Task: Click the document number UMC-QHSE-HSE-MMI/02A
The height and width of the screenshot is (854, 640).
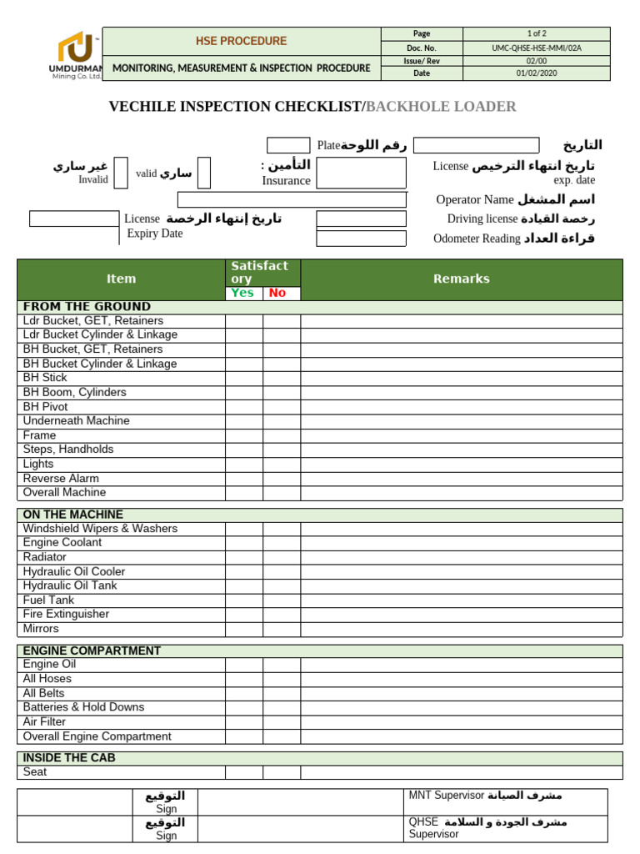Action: point(536,48)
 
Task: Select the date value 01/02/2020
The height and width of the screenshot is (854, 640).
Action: point(536,73)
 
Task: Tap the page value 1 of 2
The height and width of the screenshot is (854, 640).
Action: point(536,33)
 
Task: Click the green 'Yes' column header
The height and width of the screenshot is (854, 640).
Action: point(242,293)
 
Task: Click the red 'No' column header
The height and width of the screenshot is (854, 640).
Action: point(277,293)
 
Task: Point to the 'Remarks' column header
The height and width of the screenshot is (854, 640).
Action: point(461,279)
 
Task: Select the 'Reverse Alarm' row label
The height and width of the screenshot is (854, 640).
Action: point(61,479)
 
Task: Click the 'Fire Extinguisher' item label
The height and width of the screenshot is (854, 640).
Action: point(66,615)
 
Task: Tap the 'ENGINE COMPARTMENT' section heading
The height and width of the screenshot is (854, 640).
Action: point(92,651)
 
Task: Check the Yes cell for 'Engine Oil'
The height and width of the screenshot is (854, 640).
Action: point(243,665)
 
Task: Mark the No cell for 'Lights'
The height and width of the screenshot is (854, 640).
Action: point(282,465)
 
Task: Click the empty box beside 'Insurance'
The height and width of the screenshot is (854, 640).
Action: point(361,173)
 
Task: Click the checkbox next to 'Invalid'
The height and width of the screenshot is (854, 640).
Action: point(121,173)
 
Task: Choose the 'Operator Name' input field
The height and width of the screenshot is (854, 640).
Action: point(292,200)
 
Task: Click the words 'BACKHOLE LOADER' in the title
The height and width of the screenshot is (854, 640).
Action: point(441,107)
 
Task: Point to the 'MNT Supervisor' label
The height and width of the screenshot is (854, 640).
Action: point(446,796)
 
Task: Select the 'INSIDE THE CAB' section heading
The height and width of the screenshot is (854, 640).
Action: point(69,758)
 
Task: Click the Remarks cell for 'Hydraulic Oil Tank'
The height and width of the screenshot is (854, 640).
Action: point(461,586)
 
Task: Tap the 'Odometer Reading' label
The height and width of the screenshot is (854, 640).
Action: point(477,239)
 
